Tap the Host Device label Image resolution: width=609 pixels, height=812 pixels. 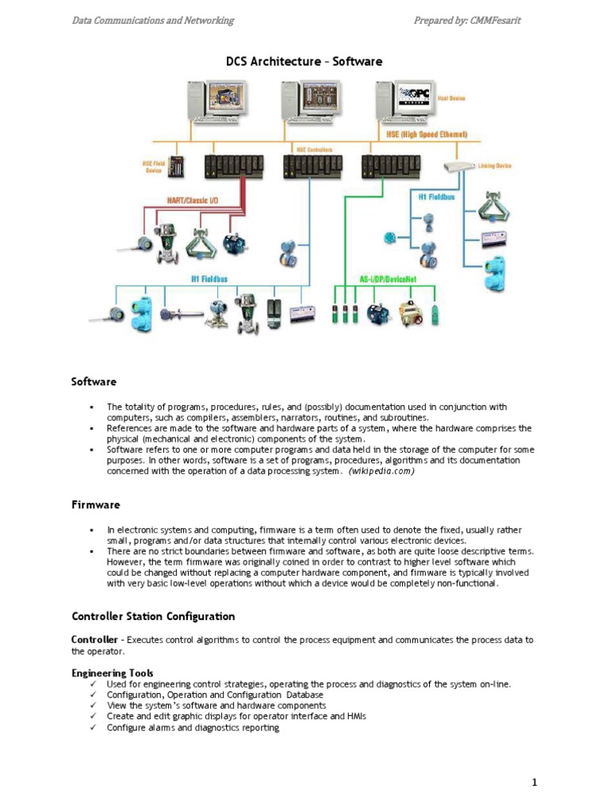[x=452, y=98]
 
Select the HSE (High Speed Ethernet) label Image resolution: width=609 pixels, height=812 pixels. [x=427, y=135]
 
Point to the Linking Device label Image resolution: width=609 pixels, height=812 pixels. [x=495, y=166]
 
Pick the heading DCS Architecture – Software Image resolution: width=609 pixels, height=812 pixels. [x=305, y=61]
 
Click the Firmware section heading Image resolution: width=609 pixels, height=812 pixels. [x=95, y=504]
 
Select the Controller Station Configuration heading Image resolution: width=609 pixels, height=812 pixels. [x=153, y=616]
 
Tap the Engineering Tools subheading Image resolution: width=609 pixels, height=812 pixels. [x=113, y=672]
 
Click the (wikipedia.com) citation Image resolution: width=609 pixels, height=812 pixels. [x=381, y=471]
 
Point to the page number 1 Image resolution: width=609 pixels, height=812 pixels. [x=534, y=783]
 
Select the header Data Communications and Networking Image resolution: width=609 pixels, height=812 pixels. [x=153, y=21]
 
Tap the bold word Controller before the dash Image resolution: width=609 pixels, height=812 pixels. [x=95, y=639]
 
